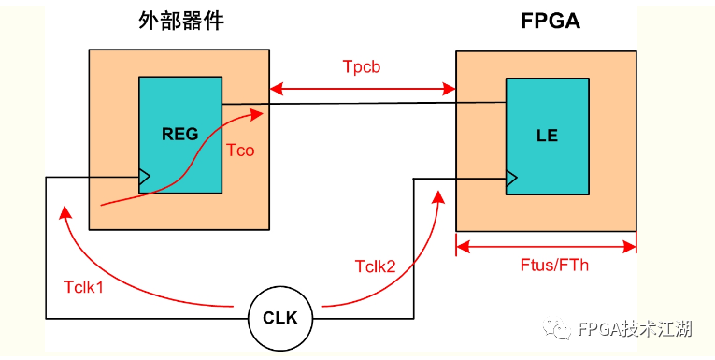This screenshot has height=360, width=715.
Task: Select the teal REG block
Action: [x=180, y=135]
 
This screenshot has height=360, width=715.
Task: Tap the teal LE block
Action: [x=547, y=135]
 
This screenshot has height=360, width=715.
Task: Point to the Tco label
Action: [x=240, y=150]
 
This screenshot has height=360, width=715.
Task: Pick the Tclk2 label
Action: [x=375, y=266]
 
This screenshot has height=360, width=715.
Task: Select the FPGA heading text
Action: [x=551, y=21]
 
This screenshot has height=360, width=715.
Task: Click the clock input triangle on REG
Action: [x=144, y=176]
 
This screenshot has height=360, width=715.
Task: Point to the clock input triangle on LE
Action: [x=511, y=177]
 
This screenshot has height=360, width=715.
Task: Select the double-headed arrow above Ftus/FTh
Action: [x=546, y=246]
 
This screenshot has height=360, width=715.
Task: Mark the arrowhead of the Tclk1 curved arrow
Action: [x=64, y=211]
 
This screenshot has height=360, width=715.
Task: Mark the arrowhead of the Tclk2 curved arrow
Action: [x=438, y=194]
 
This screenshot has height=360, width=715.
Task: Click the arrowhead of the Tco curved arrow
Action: [x=257, y=113]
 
